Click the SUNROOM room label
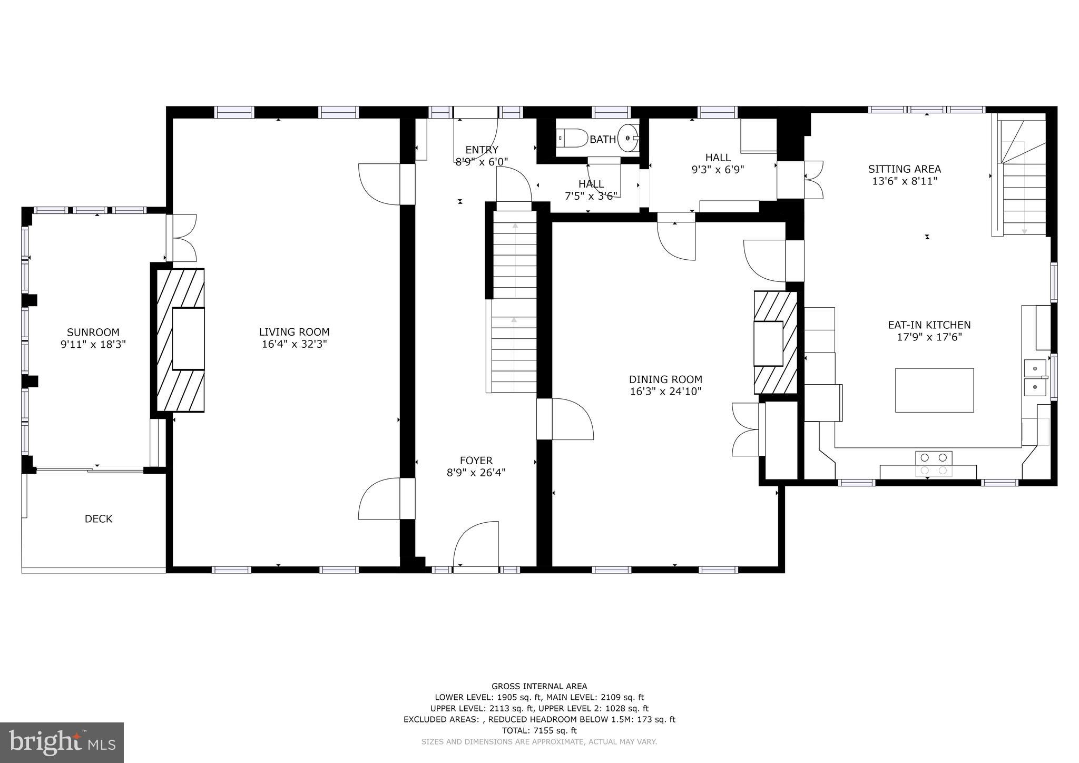click(x=93, y=332)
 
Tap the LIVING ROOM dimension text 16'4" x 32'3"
click(x=294, y=344)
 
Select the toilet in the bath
click(x=573, y=139)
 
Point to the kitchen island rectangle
click(x=934, y=390)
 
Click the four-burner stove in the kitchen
click(x=934, y=463)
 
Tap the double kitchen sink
click(x=1035, y=377)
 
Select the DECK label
click(x=99, y=519)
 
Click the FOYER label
click(x=476, y=461)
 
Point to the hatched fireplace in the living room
click(x=181, y=340)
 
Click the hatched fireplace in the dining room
click(x=775, y=343)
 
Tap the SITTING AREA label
click(x=904, y=169)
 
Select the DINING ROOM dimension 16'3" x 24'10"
click(x=665, y=392)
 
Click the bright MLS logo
click(x=62, y=742)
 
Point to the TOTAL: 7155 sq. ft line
click(x=539, y=730)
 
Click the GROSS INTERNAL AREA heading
click(x=539, y=686)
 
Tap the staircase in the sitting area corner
click(x=1022, y=179)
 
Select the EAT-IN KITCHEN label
click(x=929, y=325)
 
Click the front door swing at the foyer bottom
click(x=476, y=545)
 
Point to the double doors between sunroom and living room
click(x=181, y=238)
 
